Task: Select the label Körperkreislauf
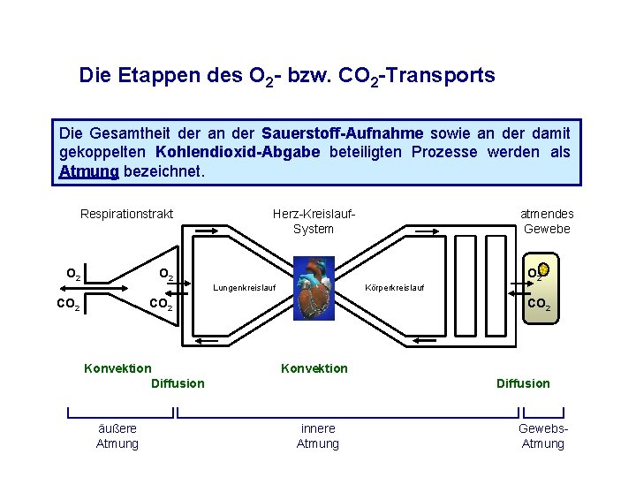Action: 395,288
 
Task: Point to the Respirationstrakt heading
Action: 126,214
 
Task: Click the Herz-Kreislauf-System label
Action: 314,221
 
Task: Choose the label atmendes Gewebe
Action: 547,221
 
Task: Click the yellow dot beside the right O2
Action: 544,268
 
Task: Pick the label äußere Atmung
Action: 117,435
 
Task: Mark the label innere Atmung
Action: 317,435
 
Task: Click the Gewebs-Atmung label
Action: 543,435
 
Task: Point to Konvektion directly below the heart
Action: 314,368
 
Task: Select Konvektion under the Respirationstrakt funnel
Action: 117,368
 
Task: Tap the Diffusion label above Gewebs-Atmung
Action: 523,383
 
